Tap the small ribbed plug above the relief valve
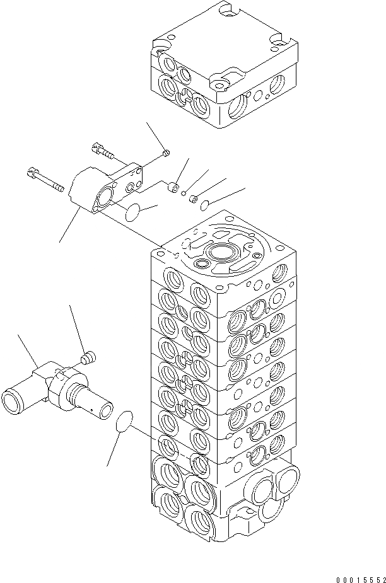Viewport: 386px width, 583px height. (x=89, y=359)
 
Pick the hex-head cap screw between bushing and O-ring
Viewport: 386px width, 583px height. (x=193, y=198)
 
